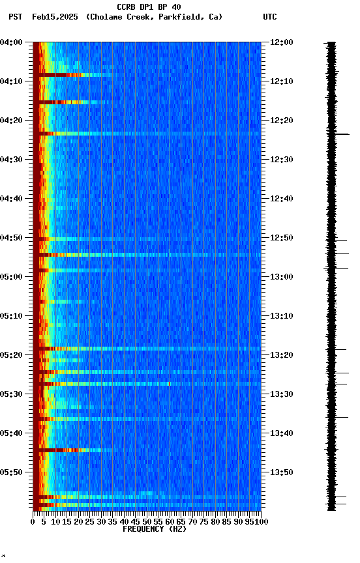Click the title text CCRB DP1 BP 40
pos(149,7)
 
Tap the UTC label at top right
pos(270,17)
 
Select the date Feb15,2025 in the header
pos(55,17)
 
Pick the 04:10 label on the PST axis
pos(11,81)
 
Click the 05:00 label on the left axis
pos(11,277)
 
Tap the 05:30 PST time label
pos(11,394)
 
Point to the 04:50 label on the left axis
pos(11,238)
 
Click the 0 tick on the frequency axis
pos(33,522)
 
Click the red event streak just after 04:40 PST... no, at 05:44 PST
pos(59,450)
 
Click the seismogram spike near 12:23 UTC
pos(340,134)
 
